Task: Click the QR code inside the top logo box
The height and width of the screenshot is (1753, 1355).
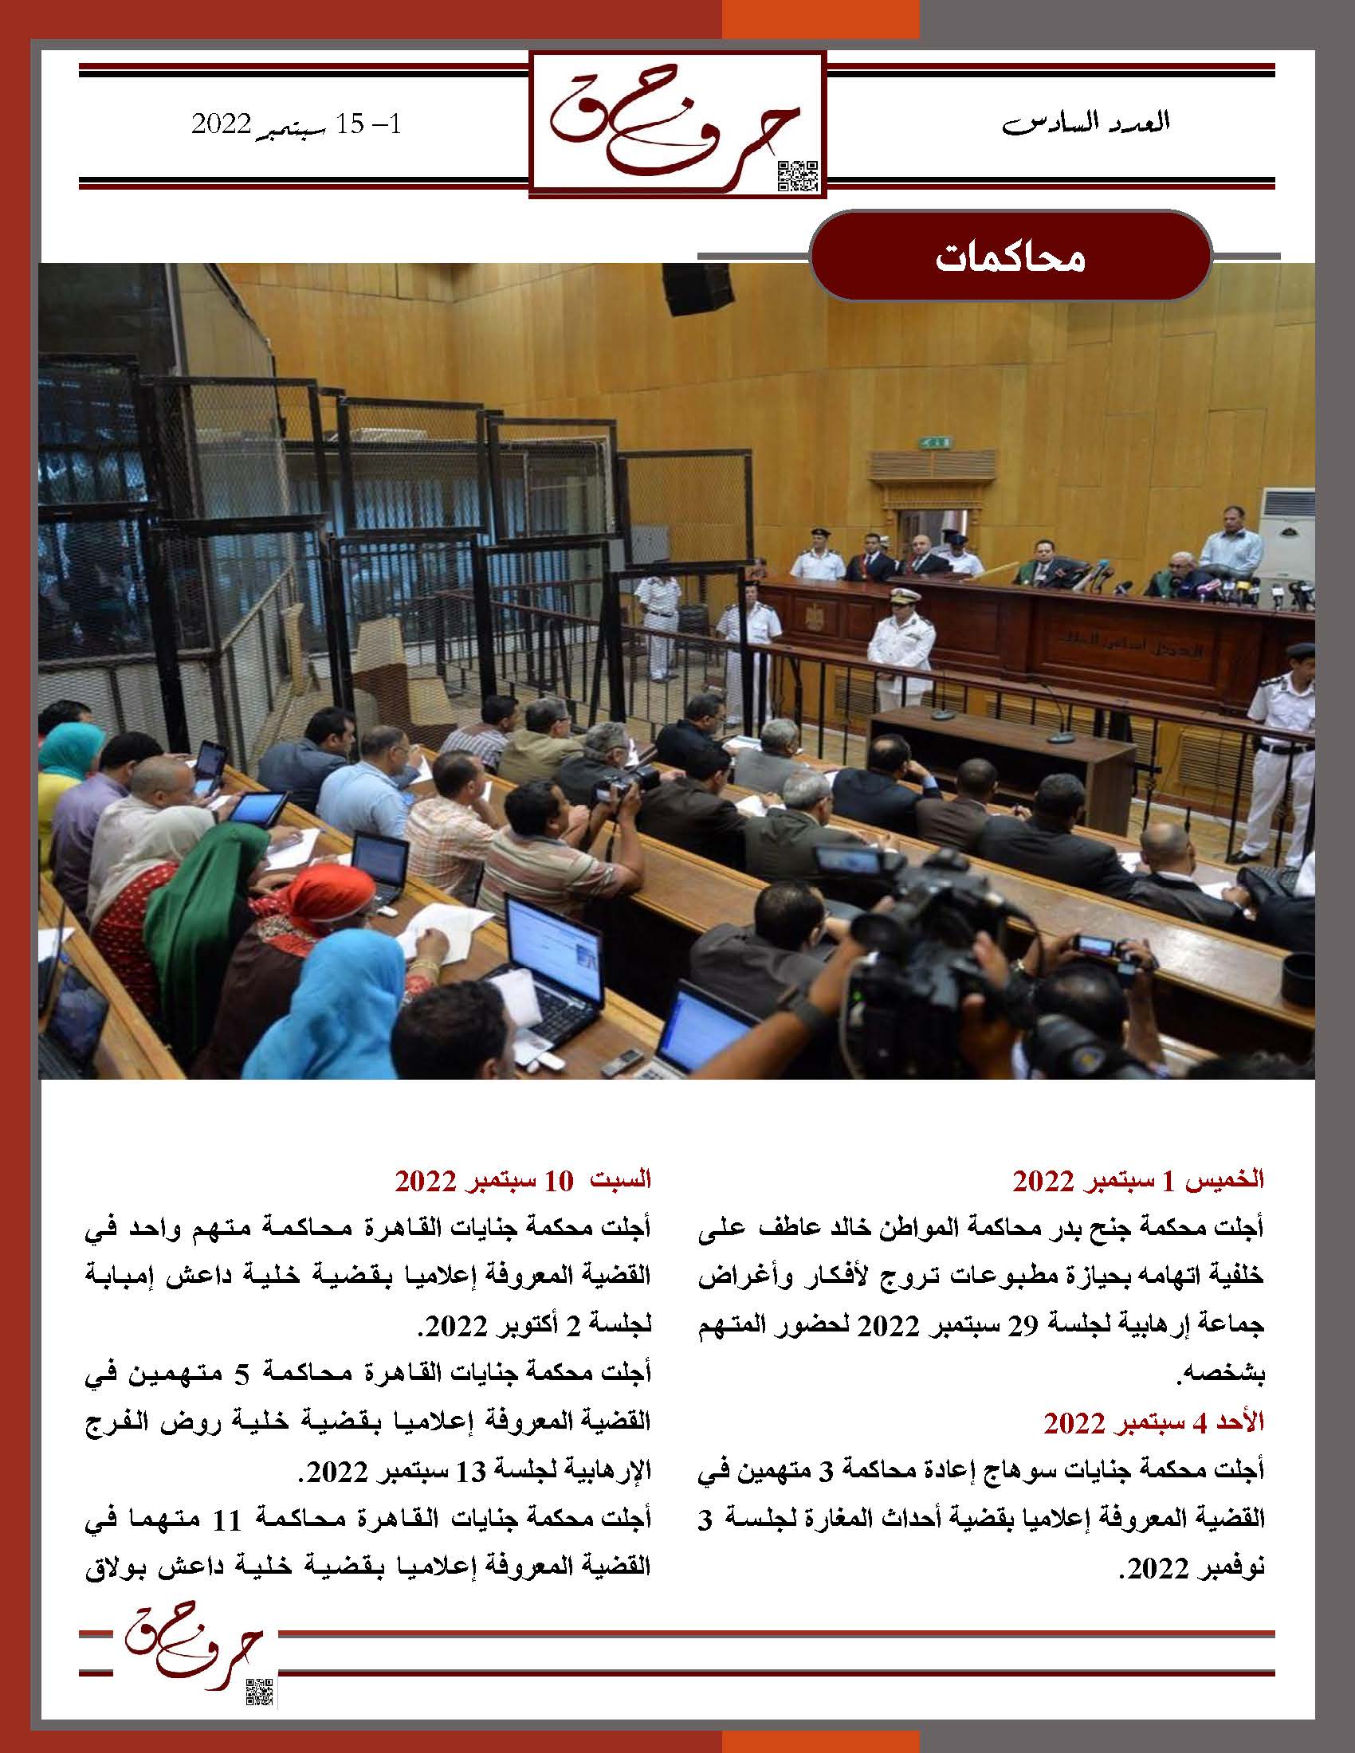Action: [799, 176]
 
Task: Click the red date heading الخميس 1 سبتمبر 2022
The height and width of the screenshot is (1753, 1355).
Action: [1137, 1180]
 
